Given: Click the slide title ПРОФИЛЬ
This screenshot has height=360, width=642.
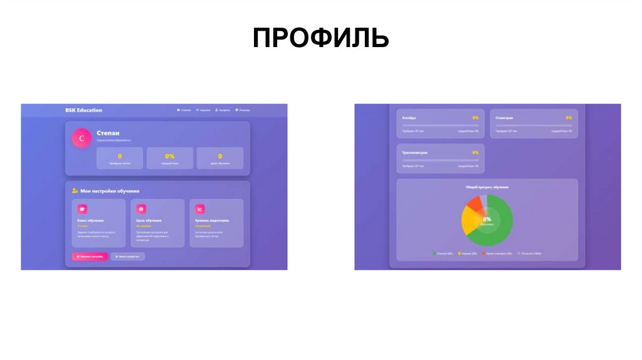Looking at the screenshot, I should (x=320, y=38).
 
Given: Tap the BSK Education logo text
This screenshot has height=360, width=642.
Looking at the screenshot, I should (x=83, y=110).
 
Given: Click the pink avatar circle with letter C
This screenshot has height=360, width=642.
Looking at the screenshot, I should (x=82, y=139).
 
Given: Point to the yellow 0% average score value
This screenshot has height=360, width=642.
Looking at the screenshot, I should (x=170, y=156).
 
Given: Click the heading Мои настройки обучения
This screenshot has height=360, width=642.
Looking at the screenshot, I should (x=110, y=191).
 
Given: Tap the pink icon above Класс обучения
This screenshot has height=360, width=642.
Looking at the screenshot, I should (x=82, y=209).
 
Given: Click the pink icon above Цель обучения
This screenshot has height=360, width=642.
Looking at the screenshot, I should (x=141, y=209).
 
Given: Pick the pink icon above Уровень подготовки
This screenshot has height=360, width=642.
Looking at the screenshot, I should (x=200, y=209).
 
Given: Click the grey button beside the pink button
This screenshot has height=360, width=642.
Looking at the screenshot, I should (x=128, y=257).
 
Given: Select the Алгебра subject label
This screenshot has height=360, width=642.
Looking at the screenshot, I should (x=408, y=118).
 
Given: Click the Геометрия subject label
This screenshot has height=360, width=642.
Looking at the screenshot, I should (x=504, y=118).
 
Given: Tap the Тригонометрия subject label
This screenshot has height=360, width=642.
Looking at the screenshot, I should (x=414, y=152).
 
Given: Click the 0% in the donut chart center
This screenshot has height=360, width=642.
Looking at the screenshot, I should (x=487, y=219).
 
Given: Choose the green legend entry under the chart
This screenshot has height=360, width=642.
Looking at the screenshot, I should (x=443, y=253).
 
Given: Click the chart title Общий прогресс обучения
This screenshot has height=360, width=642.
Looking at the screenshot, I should (x=487, y=187).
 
